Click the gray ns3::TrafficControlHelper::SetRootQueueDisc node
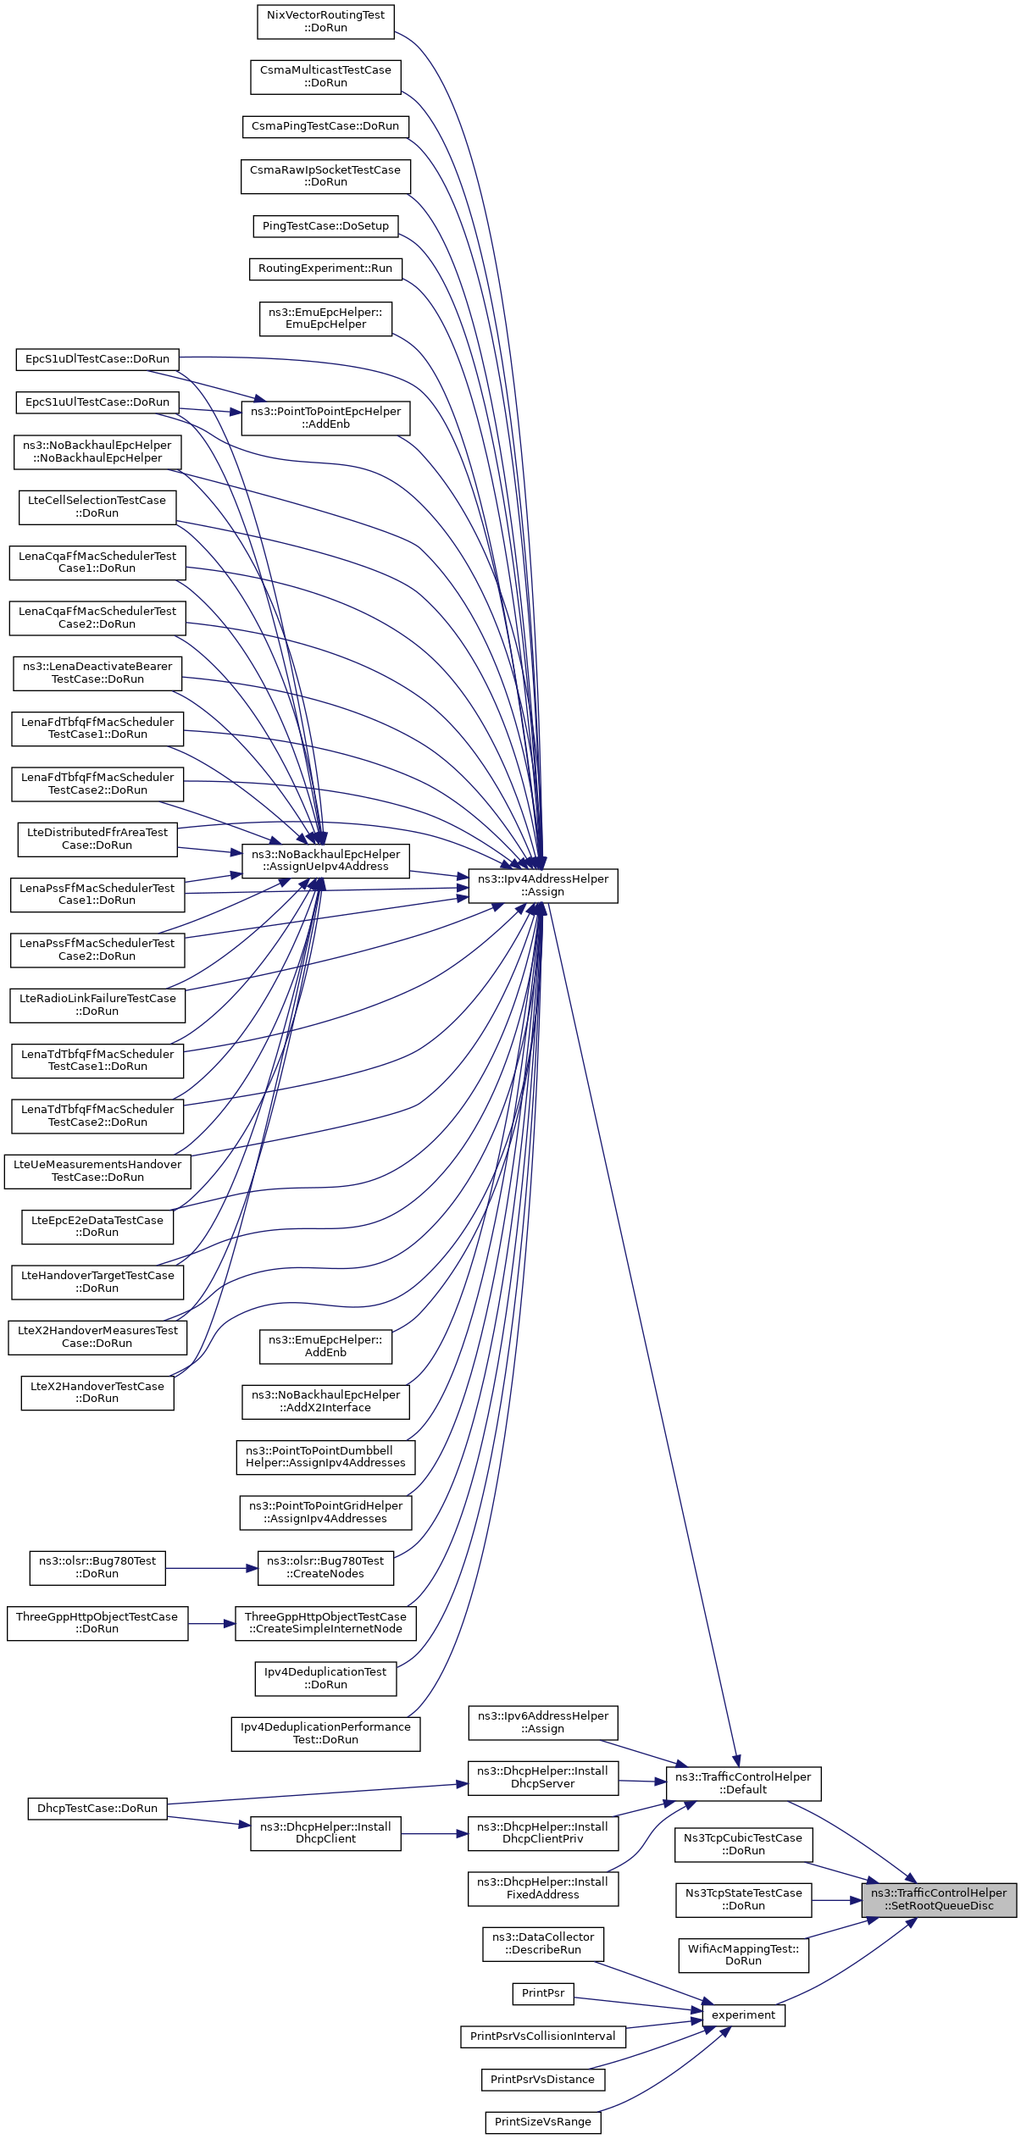939,1899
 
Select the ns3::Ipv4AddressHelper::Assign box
542,885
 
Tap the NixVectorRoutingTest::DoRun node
325,21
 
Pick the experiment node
743,2015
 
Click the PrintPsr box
543,1993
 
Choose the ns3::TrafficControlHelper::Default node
743,1783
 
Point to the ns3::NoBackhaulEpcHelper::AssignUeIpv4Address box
325,860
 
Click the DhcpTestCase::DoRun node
97,1808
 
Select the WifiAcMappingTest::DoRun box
743,1954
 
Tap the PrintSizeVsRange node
543,2122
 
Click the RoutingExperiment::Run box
325,269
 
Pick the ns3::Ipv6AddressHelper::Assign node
543,1722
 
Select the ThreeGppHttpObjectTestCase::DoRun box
97,1623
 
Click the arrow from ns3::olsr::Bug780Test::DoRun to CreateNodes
212,1568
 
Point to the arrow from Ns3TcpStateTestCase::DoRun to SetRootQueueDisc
836,1900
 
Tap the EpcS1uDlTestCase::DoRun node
97,359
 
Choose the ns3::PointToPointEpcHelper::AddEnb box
325,418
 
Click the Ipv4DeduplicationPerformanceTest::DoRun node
325,1733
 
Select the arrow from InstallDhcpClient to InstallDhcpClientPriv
434,1834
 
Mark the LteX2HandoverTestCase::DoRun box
97,1393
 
